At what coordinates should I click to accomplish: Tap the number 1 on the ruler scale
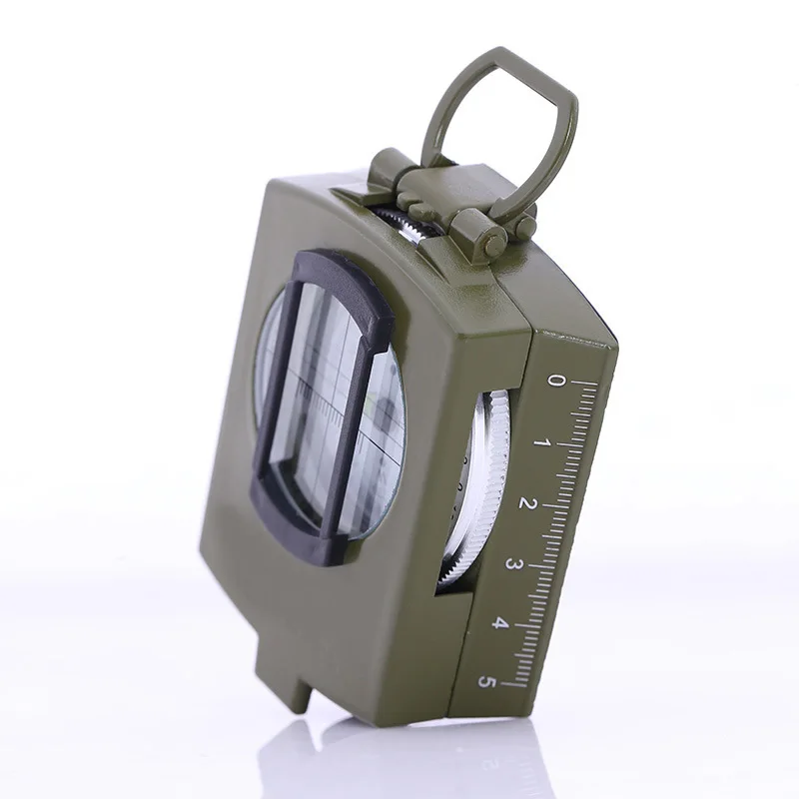[x=541, y=441]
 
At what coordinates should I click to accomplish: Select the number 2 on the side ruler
[x=527, y=502]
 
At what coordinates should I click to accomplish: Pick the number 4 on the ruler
[x=500, y=623]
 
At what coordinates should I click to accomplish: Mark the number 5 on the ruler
[x=487, y=682]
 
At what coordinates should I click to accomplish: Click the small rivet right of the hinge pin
[x=523, y=227]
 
